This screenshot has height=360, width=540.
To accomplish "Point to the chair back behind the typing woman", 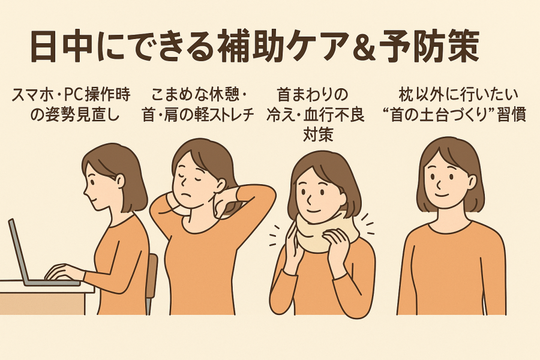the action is [152, 275].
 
